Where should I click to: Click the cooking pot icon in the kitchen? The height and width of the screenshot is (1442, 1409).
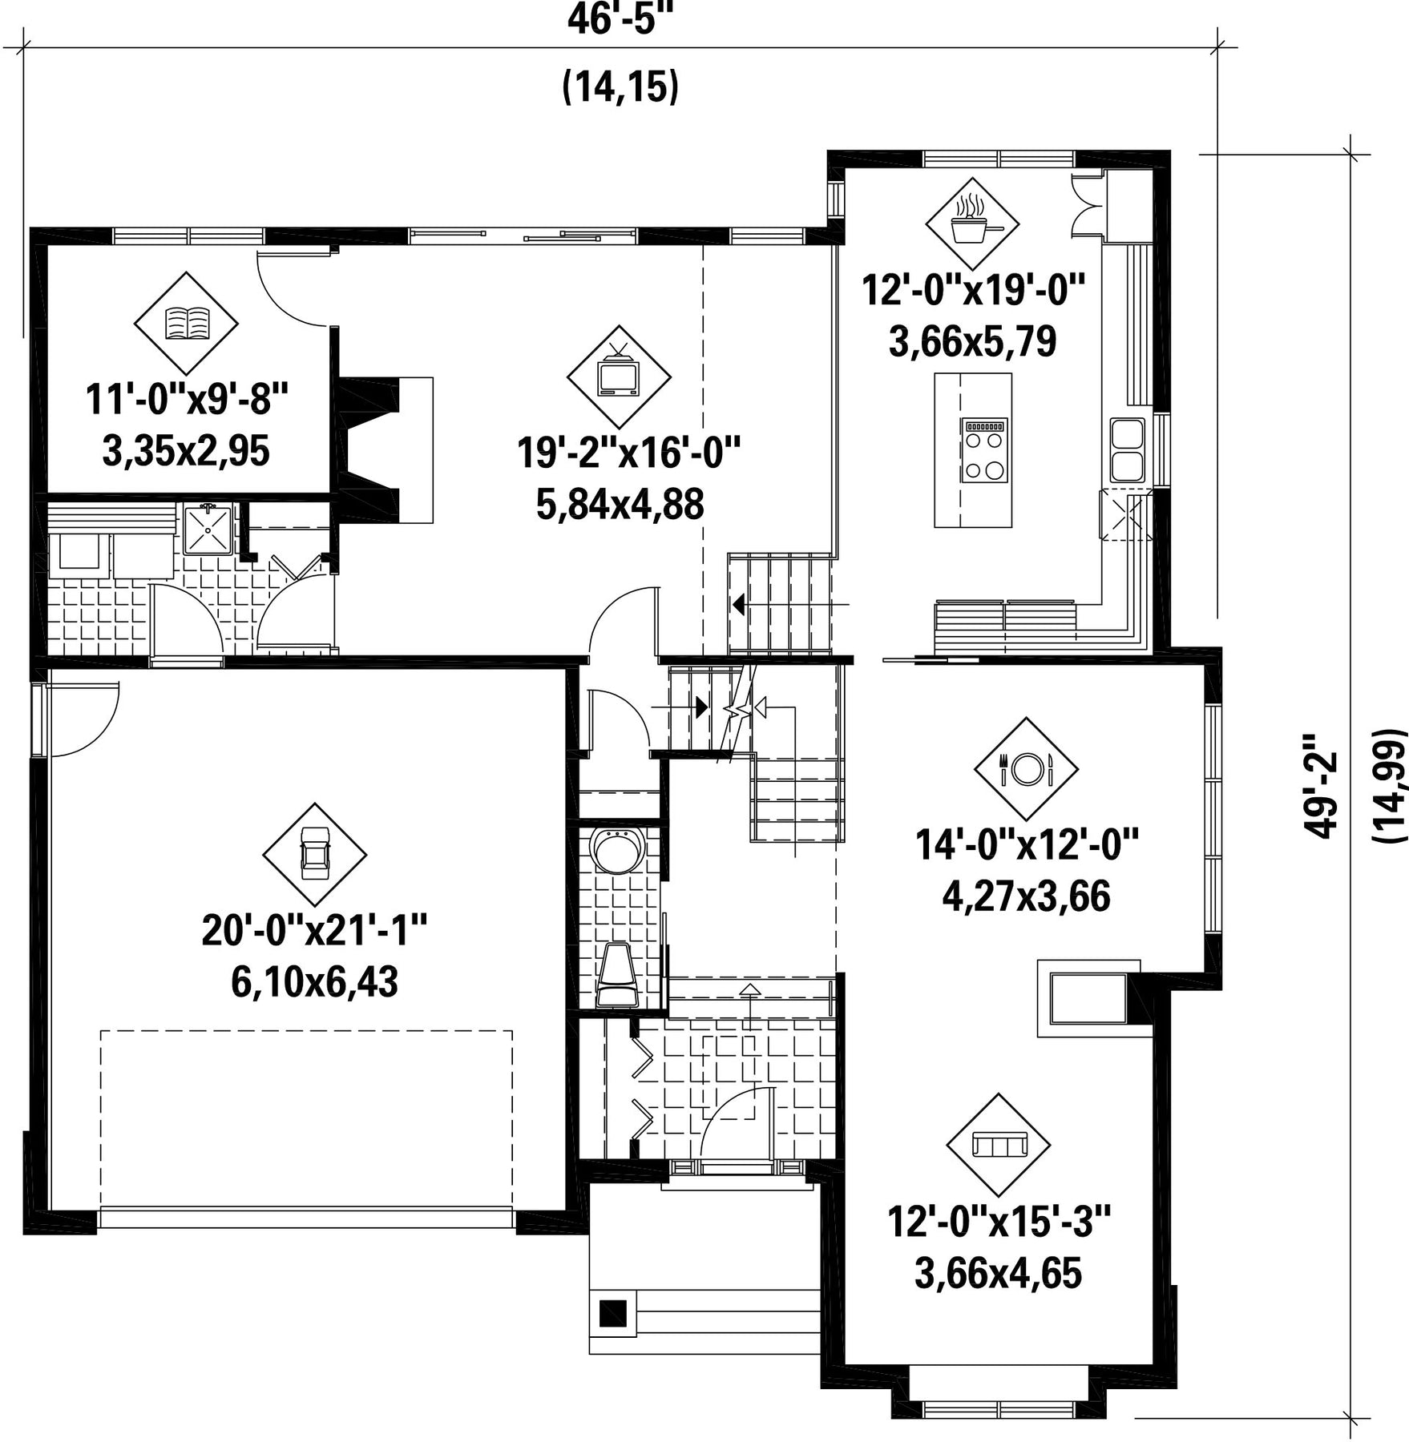tap(972, 223)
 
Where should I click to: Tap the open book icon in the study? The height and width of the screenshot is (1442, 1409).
tap(186, 323)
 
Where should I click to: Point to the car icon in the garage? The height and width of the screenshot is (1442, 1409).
tap(314, 854)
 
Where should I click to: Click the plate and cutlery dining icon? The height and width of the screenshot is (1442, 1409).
tap(1026, 769)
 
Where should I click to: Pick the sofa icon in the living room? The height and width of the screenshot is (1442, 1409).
tap(998, 1145)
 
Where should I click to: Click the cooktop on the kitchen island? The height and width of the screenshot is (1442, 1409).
tap(985, 450)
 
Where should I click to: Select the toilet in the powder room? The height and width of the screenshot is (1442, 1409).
tap(617, 974)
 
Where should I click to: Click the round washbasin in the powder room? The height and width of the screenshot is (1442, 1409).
tap(617, 851)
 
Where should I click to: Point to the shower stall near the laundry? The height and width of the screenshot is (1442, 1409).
tap(208, 530)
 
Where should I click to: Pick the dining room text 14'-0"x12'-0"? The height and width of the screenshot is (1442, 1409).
tap(1027, 844)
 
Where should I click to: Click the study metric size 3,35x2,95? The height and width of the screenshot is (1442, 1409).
tap(186, 451)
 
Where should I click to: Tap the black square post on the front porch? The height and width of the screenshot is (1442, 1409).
tap(613, 1312)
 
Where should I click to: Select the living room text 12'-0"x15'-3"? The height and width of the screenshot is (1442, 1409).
tap(999, 1222)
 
